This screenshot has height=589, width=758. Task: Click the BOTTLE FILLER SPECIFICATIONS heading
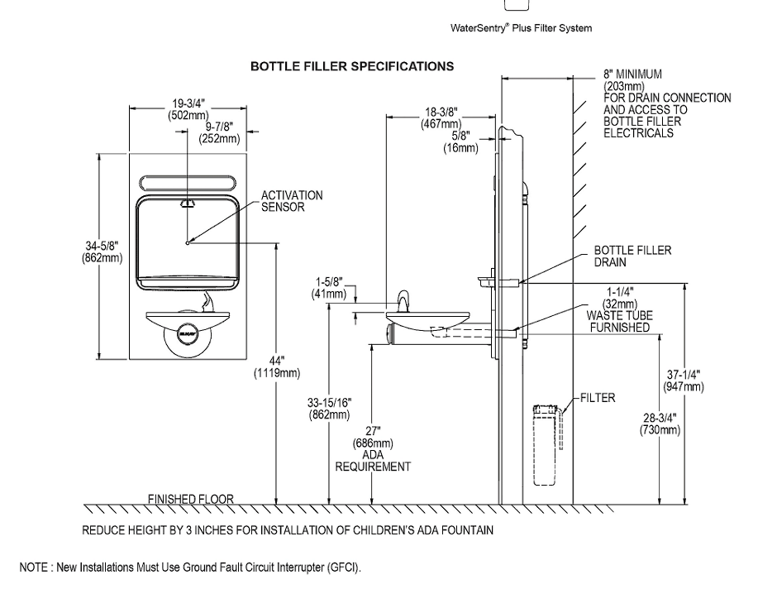click(352, 66)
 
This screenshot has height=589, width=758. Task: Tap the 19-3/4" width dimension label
click(188, 109)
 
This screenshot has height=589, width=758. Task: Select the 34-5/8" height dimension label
click(102, 251)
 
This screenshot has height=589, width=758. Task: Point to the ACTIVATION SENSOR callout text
click(292, 201)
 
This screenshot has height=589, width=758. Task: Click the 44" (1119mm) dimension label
click(277, 366)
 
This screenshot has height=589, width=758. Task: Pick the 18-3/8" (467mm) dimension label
click(441, 118)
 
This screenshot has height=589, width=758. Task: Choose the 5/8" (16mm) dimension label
click(460, 141)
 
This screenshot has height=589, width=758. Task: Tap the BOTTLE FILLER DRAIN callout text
click(633, 256)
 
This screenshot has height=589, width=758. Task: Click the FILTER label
click(598, 398)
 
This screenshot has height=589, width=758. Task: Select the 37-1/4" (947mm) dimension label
click(684, 381)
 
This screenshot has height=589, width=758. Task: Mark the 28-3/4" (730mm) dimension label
click(660, 424)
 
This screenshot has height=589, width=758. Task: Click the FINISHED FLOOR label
click(190, 499)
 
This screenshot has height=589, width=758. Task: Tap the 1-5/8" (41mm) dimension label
click(329, 288)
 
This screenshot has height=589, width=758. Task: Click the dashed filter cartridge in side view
click(546, 445)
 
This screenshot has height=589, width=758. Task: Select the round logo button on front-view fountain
click(188, 333)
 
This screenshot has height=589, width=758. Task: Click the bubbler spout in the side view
click(403, 302)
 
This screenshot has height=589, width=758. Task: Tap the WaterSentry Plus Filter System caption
click(521, 28)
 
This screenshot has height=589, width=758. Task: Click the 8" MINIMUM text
click(632, 74)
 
